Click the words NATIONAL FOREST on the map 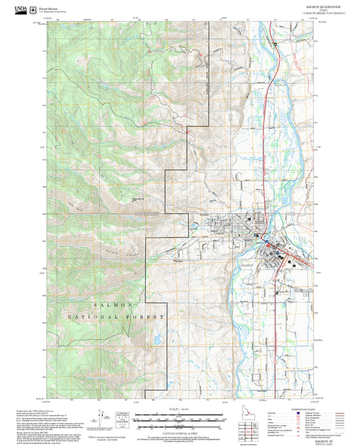(119, 317)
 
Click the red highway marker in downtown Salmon (269, 246)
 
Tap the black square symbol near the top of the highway (276, 44)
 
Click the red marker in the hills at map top (201, 53)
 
